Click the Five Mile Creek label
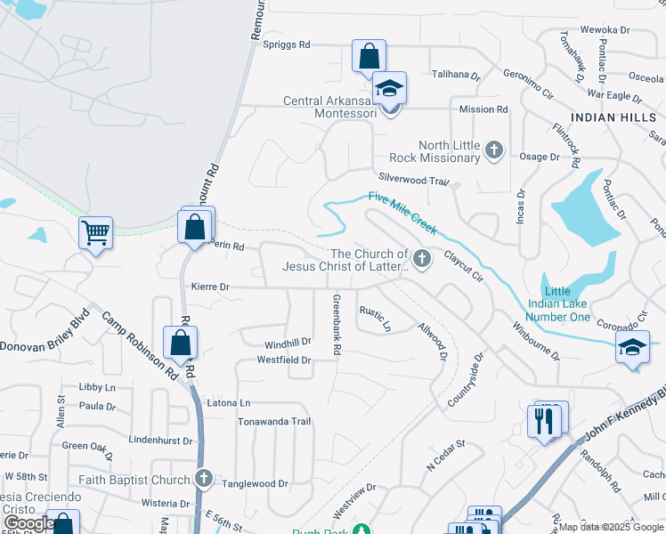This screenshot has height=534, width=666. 402,214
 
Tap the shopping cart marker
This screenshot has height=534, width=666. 95,234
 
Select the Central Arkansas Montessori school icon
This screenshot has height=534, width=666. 389,89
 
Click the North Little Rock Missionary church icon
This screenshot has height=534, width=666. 496,151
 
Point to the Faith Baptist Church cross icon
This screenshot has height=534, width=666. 204,480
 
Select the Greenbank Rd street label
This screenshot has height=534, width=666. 337,325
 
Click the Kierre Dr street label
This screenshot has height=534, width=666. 210,287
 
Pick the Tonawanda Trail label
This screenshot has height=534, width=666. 273,421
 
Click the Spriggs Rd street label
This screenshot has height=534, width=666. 286,44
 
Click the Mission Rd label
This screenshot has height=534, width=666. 483,109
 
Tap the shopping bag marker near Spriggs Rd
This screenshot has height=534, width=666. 368,58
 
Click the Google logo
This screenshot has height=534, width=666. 28,523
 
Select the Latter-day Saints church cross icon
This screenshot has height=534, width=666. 423,260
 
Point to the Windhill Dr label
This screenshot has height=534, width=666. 287,342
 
